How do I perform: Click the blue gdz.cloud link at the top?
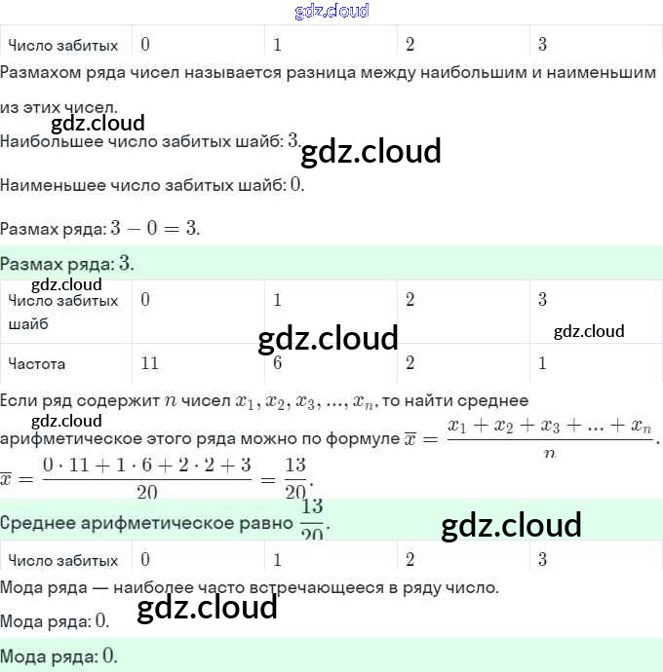click(331, 11)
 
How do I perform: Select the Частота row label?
click(37, 364)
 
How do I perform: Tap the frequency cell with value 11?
click(149, 363)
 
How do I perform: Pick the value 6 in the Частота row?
click(278, 363)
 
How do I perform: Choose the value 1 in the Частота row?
click(542, 363)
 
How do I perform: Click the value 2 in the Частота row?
click(409, 363)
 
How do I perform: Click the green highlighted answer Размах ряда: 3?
click(67, 264)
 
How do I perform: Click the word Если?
click(20, 400)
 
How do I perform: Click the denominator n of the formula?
click(549, 453)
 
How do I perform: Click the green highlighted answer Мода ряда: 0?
click(58, 655)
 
